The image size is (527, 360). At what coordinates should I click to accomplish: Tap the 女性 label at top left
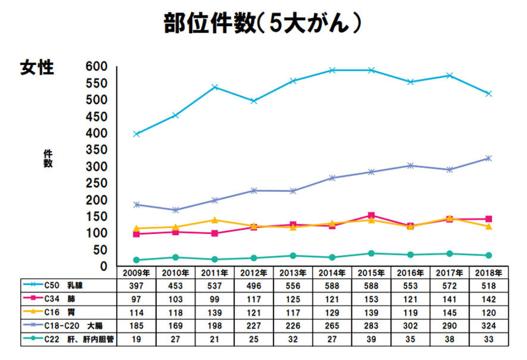point(37,68)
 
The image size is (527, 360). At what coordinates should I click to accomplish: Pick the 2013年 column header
point(292,273)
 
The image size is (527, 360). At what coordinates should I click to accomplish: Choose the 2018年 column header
point(488,273)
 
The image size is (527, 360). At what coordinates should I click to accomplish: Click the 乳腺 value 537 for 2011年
point(214,286)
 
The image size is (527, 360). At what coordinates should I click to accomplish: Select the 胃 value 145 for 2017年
point(449,312)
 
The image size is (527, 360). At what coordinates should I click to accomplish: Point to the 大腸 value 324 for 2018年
point(488,325)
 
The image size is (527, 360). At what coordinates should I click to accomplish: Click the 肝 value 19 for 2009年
point(136,339)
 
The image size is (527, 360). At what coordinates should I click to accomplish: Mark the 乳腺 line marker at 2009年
point(136,134)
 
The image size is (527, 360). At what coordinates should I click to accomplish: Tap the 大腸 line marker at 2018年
point(488,158)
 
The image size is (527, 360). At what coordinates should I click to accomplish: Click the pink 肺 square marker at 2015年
point(371,215)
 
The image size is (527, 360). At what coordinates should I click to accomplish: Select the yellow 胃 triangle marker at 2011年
point(214,220)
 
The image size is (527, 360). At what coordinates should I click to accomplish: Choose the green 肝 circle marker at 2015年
point(371,253)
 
